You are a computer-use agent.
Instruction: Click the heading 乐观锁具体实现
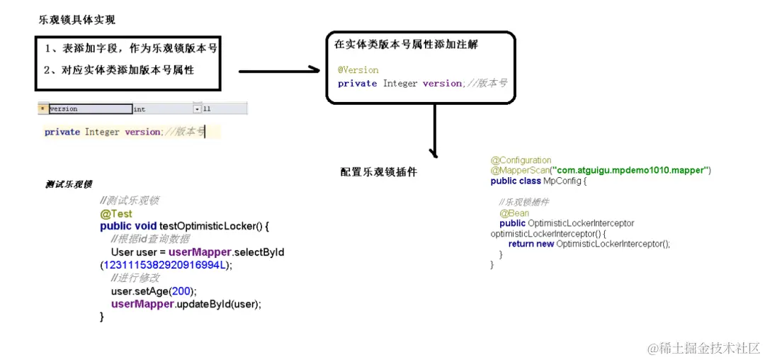(76, 20)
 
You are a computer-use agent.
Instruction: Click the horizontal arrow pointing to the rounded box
(279, 71)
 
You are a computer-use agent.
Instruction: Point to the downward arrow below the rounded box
(433, 131)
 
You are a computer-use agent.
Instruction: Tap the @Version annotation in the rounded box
(358, 70)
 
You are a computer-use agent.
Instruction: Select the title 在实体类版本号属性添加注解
(406, 45)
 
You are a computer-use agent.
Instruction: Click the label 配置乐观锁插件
(378, 172)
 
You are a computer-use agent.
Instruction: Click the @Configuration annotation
(521, 160)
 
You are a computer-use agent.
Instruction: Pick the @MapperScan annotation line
(600, 171)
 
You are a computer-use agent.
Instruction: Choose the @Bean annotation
(514, 213)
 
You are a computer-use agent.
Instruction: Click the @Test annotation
(115, 213)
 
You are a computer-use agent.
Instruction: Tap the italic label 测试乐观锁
(68, 184)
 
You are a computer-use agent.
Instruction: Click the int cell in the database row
(140, 109)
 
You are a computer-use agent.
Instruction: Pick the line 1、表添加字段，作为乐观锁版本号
(130, 49)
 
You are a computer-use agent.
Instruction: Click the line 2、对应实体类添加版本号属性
(119, 69)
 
